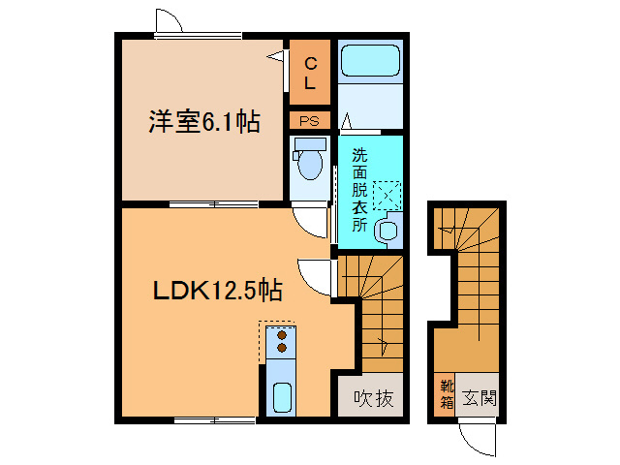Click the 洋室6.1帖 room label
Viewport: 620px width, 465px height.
[203, 123]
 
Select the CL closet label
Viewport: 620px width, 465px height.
[310, 74]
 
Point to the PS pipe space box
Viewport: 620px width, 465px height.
[310, 121]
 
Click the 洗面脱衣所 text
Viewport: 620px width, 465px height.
[359, 189]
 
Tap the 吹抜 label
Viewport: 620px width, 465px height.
[372, 397]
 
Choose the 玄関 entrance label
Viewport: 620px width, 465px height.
[479, 397]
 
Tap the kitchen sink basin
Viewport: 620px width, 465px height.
[284, 397]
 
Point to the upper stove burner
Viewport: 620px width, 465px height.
[282, 334]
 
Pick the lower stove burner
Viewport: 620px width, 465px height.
[282, 346]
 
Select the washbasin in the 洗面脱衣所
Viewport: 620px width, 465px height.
[387, 231]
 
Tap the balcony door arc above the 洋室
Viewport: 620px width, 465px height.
[167, 21]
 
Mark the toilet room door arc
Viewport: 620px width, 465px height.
[312, 223]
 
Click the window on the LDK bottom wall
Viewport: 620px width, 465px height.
[215, 419]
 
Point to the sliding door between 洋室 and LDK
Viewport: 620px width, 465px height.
[213, 204]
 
